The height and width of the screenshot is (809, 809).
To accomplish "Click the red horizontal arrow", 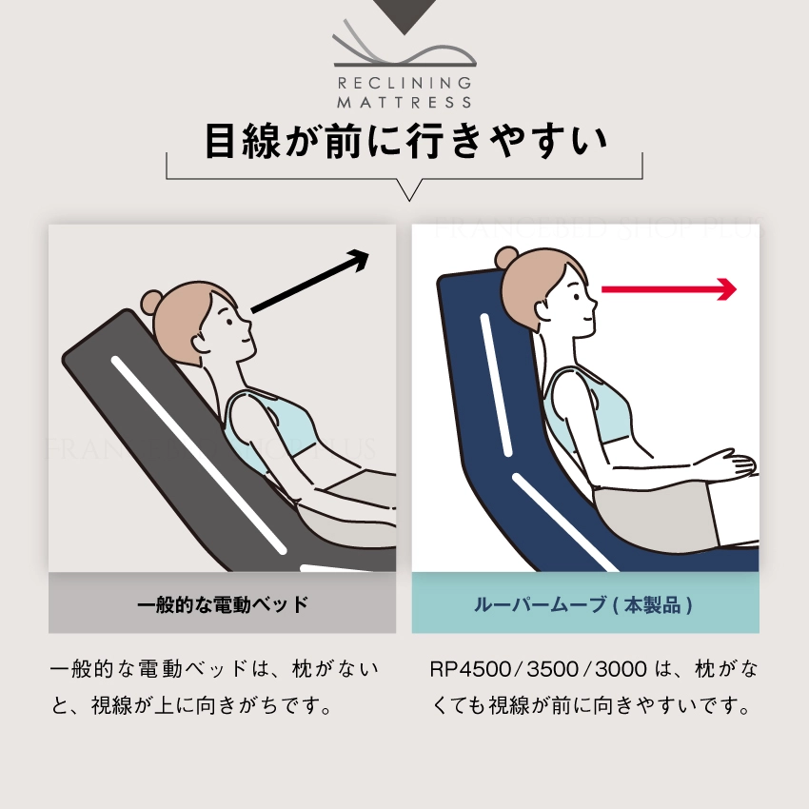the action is (669, 289).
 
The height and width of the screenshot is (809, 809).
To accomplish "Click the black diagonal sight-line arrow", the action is (310, 281).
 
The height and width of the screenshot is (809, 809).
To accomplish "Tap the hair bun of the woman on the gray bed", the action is (151, 301).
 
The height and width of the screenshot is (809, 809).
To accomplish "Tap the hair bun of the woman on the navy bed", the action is (505, 257).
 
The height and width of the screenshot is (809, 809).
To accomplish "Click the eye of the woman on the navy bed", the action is (578, 297).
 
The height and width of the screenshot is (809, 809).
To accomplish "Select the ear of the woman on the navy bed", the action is (543, 312).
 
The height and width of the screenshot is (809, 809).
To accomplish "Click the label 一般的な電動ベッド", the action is (223, 603).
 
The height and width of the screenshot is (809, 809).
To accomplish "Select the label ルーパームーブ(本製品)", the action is (583, 604).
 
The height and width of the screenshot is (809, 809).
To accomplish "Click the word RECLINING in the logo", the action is (404, 83).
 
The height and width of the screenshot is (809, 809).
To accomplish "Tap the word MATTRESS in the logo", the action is (404, 102).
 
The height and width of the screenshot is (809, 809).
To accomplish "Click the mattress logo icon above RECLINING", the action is (404, 44).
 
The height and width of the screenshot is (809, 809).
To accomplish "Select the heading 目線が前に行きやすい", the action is (405, 140).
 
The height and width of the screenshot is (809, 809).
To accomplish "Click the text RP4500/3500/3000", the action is (538, 669).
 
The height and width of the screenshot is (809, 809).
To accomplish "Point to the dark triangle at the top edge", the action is (404, 14).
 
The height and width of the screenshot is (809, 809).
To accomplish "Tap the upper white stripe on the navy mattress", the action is (496, 385).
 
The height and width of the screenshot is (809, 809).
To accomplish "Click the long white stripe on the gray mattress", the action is (199, 455).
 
